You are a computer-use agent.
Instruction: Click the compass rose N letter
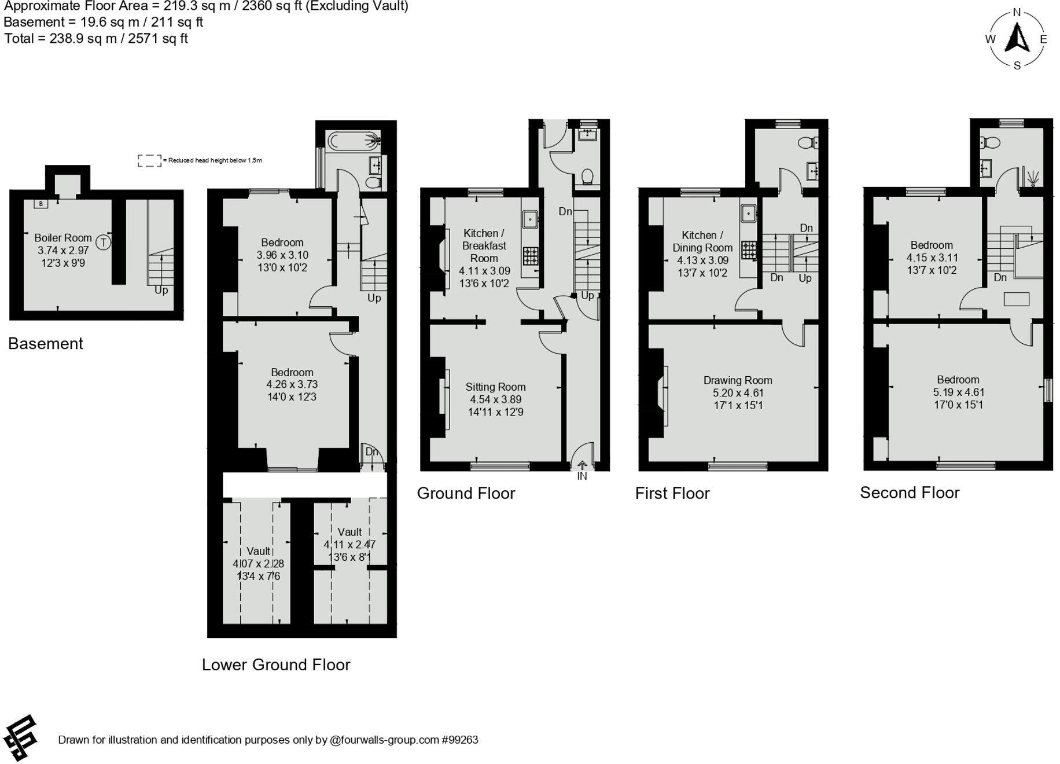point(1017,12)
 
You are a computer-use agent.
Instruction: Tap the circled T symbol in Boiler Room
point(104,242)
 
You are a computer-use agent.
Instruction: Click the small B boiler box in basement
point(41,204)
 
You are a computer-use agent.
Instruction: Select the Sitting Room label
point(495,387)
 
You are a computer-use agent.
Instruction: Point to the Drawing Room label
point(738,380)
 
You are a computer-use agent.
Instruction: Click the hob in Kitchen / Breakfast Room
point(530,255)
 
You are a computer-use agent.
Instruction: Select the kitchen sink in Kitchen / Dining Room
point(749,213)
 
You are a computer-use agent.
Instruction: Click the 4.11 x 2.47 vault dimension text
point(349,544)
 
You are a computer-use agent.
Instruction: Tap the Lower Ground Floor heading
point(276,664)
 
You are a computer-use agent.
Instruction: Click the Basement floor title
point(46,343)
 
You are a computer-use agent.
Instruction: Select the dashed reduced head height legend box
point(149,160)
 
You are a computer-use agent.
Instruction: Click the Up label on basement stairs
point(161,290)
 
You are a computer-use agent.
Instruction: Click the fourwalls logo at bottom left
point(21,737)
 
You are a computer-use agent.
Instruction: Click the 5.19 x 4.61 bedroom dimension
point(958,392)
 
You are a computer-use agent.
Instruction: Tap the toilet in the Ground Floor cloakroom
point(587,176)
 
